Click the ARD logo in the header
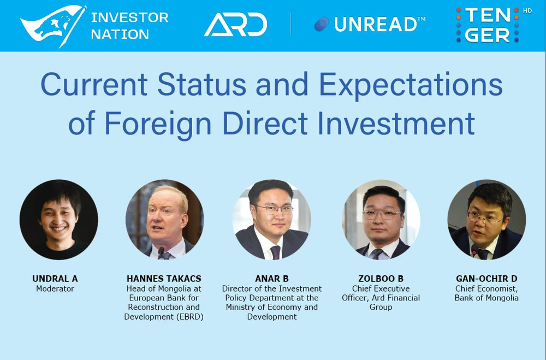235,25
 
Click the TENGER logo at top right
487,25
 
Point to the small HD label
527,10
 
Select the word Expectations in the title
411,85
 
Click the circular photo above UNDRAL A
58,219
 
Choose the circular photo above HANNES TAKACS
164,219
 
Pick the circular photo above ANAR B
271,219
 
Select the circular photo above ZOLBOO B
381,219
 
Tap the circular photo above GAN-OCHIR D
486,219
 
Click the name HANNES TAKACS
163,279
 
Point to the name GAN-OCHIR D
486,279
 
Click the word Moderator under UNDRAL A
55,288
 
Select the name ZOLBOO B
381,279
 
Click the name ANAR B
271,279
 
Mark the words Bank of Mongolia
486,298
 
